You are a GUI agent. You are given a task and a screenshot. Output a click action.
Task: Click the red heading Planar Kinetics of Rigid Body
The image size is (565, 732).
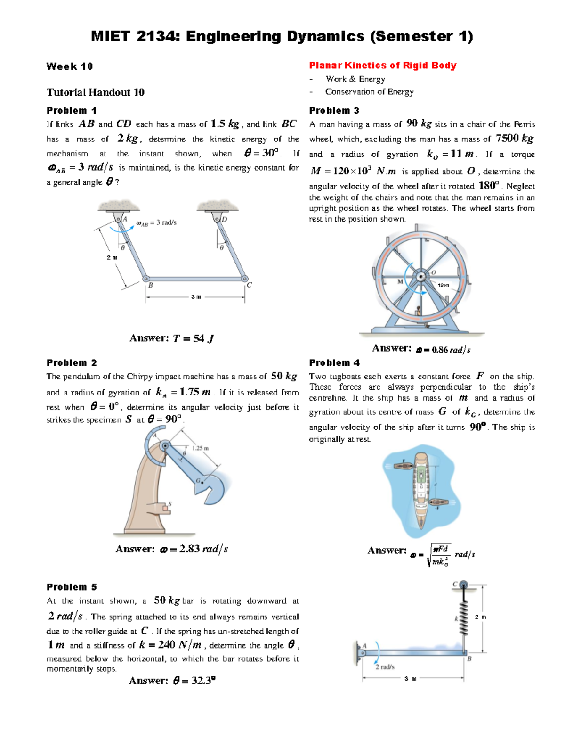click(382, 66)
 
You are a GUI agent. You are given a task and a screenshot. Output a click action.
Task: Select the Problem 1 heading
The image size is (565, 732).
click(72, 111)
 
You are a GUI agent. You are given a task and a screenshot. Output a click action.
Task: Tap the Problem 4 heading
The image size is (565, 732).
click(334, 362)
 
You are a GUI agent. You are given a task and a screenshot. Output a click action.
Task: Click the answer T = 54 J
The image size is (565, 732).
click(171, 338)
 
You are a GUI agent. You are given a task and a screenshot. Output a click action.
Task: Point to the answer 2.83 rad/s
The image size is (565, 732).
click(172, 549)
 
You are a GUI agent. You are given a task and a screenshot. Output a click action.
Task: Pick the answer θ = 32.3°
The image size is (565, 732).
click(172, 680)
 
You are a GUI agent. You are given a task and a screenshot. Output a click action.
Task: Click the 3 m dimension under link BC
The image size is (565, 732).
click(196, 297)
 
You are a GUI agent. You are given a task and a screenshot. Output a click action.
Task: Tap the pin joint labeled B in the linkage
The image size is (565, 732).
click(146, 279)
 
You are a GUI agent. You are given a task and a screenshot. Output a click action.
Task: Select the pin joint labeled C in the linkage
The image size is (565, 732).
click(245, 279)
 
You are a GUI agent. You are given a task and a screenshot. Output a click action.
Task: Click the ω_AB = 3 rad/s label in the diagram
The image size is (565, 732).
click(156, 223)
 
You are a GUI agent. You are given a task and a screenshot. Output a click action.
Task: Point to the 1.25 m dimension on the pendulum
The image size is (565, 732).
click(201, 448)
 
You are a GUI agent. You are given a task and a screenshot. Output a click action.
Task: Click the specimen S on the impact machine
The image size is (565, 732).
click(165, 508)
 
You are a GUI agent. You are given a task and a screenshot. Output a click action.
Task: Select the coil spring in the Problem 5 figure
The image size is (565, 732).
click(464, 618)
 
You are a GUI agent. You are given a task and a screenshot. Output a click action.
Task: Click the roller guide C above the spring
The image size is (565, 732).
click(464, 585)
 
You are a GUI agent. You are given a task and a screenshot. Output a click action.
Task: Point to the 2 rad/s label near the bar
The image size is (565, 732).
click(385, 667)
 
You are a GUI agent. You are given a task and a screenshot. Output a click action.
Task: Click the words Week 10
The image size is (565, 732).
click(70, 66)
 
